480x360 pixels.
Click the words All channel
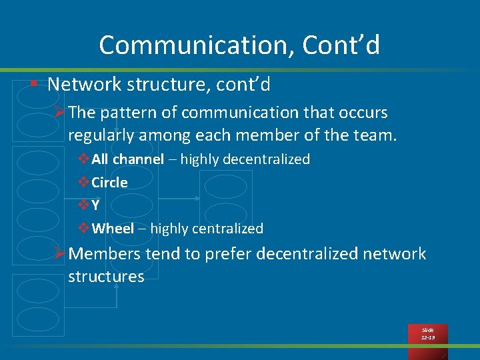(127, 159)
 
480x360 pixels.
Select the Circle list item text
(109, 183)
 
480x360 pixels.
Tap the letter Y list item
(96, 205)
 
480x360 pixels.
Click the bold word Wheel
(113, 229)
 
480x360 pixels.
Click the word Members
(104, 254)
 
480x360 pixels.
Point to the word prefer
(227, 254)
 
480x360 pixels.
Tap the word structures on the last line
(106, 277)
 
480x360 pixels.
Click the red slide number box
(428, 334)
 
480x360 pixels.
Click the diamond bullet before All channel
(83, 159)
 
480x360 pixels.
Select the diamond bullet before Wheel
(83, 229)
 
